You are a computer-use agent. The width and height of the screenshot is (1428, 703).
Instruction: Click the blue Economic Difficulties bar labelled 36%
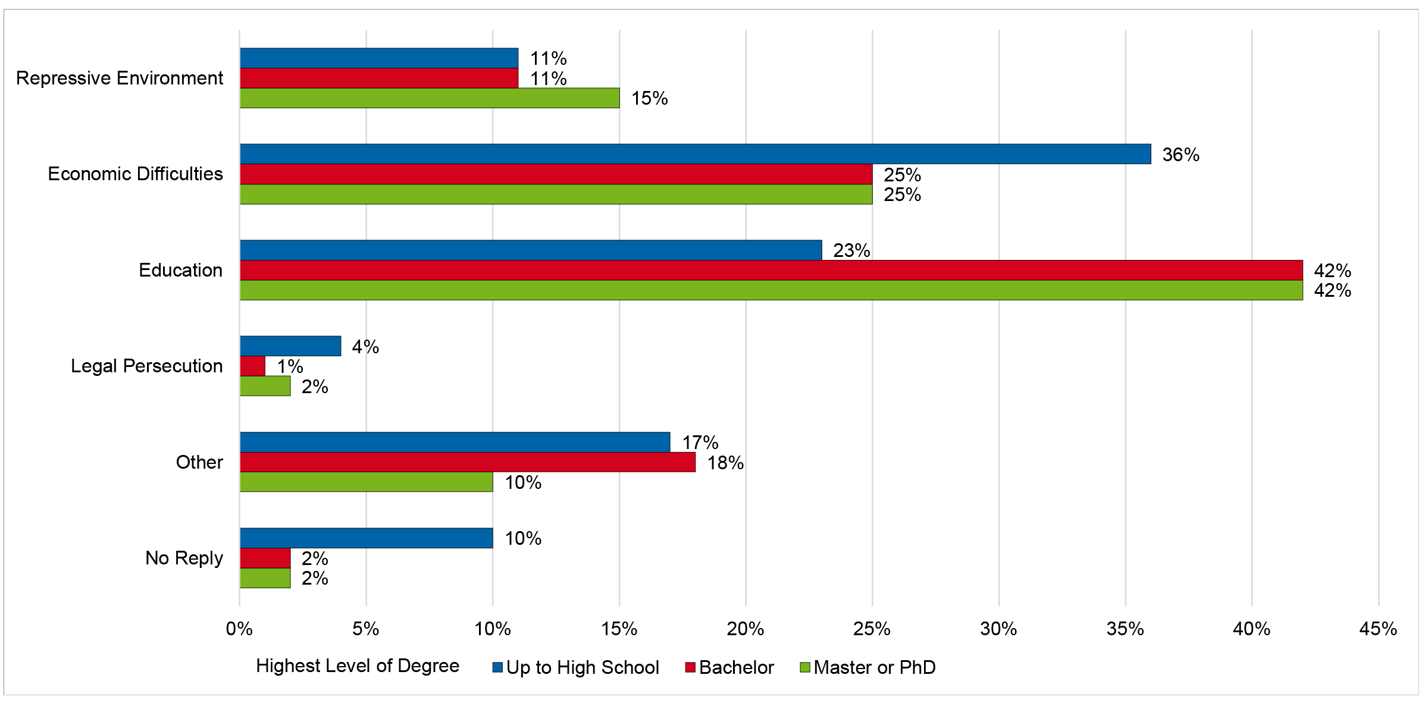pos(695,154)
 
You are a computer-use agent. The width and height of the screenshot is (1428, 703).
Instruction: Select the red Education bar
pos(771,270)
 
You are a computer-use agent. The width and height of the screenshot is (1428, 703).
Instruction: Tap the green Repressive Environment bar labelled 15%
pos(430,98)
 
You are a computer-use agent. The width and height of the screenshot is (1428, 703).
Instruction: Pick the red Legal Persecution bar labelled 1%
pos(253,366)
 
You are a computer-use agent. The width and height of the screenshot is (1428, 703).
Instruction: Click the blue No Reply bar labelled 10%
pos(367,538)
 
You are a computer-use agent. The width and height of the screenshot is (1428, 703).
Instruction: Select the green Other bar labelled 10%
pos(367,482)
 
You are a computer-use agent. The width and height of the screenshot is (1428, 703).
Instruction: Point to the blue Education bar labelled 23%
pos(531,250)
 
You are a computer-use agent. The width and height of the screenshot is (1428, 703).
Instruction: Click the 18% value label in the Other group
pos(725,463)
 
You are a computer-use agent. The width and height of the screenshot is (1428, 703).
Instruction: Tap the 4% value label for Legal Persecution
pos(365,347)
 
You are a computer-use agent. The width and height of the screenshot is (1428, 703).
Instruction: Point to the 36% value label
pos(1180,155)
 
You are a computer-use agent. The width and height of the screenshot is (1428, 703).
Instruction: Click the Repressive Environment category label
pos(120,78)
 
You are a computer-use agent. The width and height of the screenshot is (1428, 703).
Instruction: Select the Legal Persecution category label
pos(146,366)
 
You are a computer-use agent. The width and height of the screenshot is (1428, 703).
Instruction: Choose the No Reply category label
pos(184,558)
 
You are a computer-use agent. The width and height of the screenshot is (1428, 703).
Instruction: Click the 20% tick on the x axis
pos(746,629)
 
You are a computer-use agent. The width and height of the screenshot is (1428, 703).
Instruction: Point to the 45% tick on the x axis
pos(1378,629)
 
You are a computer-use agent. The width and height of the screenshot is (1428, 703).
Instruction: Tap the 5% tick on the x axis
pos(365,629)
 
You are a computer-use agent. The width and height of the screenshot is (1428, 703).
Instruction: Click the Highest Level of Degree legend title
pos(358,666)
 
